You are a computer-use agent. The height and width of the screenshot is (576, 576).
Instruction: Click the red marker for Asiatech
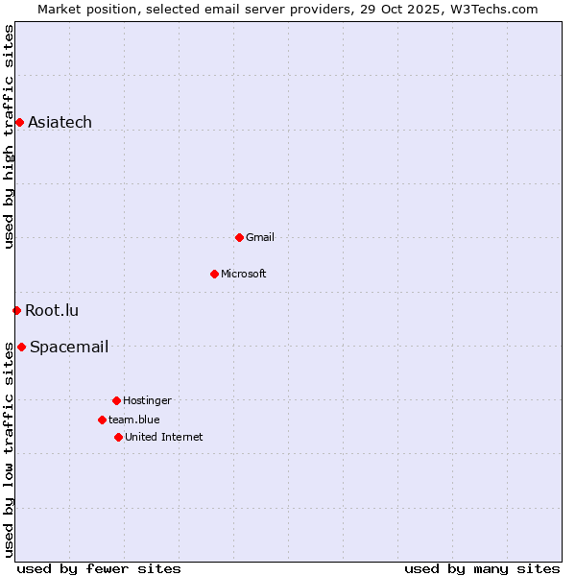(x=19, y=122)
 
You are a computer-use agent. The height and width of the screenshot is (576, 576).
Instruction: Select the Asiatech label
(x=60, y=122)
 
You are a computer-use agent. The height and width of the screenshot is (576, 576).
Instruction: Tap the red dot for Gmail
(x=239, y=237)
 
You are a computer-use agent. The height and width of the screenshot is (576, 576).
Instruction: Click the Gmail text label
(x=259, y=237)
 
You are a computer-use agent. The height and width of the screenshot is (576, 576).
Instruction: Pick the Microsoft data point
(x=214, y=274)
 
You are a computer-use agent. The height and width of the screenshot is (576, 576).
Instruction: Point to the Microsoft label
(x=243, y=274)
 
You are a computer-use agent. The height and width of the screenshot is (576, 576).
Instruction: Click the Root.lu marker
(x=16, y=310)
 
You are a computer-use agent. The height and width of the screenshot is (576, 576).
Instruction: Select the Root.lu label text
(x=52, y=310)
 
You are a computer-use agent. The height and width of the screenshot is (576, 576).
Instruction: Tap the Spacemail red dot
(x=21, y=347)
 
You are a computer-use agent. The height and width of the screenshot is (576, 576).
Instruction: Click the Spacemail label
(x=69, y=347)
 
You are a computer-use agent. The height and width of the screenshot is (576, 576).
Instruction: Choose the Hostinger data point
(x=116, y=400)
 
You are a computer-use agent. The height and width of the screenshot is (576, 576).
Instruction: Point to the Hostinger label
(x=147, y=400)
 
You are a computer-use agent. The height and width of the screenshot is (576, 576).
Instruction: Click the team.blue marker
(x=102, y=420)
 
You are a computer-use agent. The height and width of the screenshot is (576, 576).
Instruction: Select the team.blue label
(x=133, y=420)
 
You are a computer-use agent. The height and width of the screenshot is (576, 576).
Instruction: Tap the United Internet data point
(x=118, y=437)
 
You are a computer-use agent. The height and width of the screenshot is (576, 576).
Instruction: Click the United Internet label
(x=163, y=437)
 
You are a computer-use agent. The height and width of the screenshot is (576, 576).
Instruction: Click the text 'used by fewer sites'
(x=99, y=568)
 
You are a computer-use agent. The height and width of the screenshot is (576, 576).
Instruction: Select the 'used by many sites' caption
(x=482, y=568)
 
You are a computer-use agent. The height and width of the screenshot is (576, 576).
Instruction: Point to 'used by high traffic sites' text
(x=9, y=136)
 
